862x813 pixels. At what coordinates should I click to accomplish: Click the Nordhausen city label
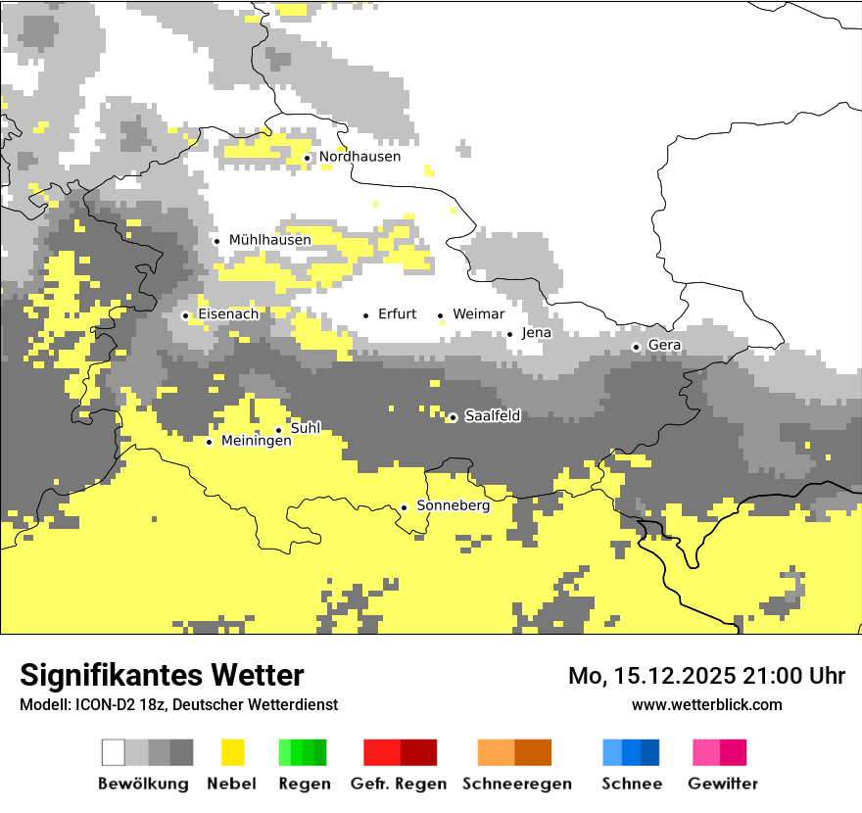coord(359,157)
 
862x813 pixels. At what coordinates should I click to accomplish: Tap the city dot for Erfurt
coord(366,315)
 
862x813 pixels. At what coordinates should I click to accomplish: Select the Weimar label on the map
coord(478,314)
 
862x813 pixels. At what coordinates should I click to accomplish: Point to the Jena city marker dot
coord(509,334)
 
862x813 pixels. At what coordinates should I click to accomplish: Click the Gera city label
coord(664,346)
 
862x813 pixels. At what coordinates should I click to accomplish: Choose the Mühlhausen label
coord(269,240)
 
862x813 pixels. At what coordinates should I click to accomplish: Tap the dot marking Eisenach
coord(185,315)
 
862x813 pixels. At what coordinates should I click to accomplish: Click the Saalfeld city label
coord(492,416)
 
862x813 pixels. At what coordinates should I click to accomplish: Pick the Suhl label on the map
coord(306,428)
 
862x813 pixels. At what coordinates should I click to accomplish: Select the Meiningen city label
coord(256,442)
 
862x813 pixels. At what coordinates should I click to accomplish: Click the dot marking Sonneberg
coord(404,507)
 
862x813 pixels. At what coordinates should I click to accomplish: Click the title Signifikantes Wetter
coord(162,676)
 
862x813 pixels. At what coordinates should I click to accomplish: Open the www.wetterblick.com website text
coord(706,705)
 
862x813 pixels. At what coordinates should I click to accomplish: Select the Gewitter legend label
coord(723,784)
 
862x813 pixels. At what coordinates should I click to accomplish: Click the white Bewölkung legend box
coord(114,752)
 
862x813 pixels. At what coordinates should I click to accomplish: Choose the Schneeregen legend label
coord(516,784)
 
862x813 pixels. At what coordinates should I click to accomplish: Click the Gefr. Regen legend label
coord(398,784)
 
